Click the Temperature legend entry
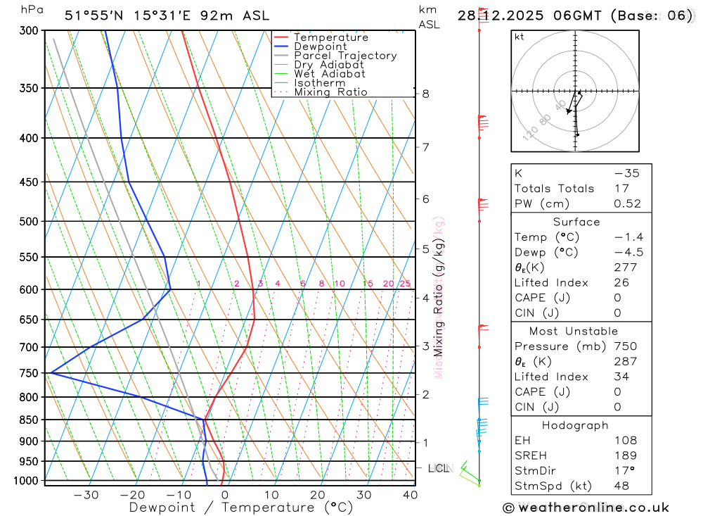tap(330, 37)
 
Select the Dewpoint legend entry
tap(321, 46)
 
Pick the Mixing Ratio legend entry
tap(330, 92)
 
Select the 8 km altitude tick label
tap(425, 94)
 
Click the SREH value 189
tap(625, 455)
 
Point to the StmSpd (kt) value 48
tap(621, 485)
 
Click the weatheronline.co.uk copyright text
tap(586, 507)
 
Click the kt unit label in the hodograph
tap(519, 37)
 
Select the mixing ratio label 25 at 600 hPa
tap(405, 284)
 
